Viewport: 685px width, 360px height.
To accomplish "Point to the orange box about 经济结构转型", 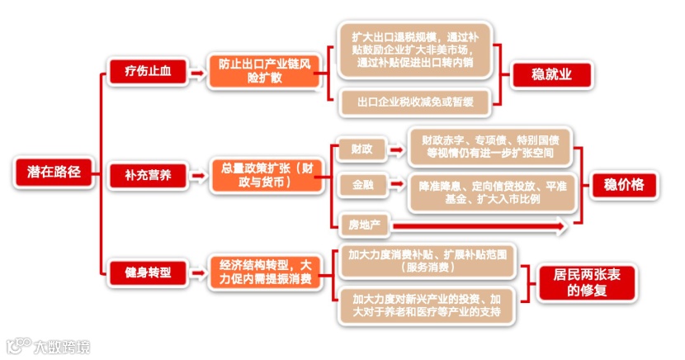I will [260, 272].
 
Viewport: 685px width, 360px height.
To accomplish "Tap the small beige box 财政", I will [361, 149].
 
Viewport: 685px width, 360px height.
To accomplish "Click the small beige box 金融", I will [361, 186].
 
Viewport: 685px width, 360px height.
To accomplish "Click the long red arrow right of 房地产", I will [479, 224].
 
